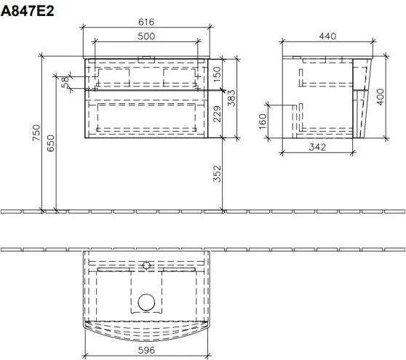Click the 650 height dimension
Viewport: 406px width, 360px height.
(x=50, y=145)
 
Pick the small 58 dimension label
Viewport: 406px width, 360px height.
(x=65, y=81)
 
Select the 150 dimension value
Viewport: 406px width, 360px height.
(x=216, y=73)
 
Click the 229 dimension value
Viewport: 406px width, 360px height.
(x=216, y=112)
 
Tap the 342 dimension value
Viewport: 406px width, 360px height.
(x=315, y=148)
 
